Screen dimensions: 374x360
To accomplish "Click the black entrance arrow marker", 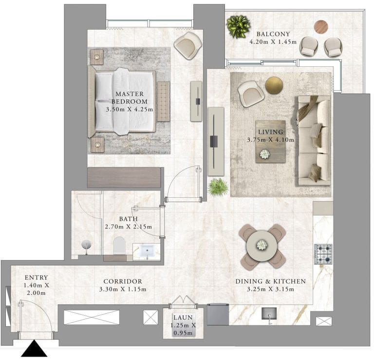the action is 35,348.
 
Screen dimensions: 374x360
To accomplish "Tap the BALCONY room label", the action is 273,34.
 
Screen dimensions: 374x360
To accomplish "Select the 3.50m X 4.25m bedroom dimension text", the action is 130,110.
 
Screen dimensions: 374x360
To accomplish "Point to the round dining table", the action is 262,245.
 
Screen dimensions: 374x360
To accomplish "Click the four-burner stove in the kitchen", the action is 323,254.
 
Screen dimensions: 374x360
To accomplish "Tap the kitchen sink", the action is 269,314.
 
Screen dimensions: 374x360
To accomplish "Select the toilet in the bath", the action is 119,246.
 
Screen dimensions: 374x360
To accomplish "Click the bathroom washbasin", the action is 147,251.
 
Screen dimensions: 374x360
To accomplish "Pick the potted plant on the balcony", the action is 238,26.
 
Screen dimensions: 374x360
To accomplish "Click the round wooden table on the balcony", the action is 321,26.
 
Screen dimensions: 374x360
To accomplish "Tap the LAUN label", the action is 183,318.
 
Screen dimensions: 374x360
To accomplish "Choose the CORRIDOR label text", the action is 123,282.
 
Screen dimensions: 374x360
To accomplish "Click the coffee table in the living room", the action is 271,142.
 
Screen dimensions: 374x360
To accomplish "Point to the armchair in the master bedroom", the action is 188,45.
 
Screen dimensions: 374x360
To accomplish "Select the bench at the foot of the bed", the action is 164,101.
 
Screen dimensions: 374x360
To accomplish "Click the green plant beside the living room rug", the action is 218,187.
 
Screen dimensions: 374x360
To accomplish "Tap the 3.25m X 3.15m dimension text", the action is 270,289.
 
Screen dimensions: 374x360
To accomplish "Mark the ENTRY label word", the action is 36,278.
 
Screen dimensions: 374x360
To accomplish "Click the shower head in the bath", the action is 86,245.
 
